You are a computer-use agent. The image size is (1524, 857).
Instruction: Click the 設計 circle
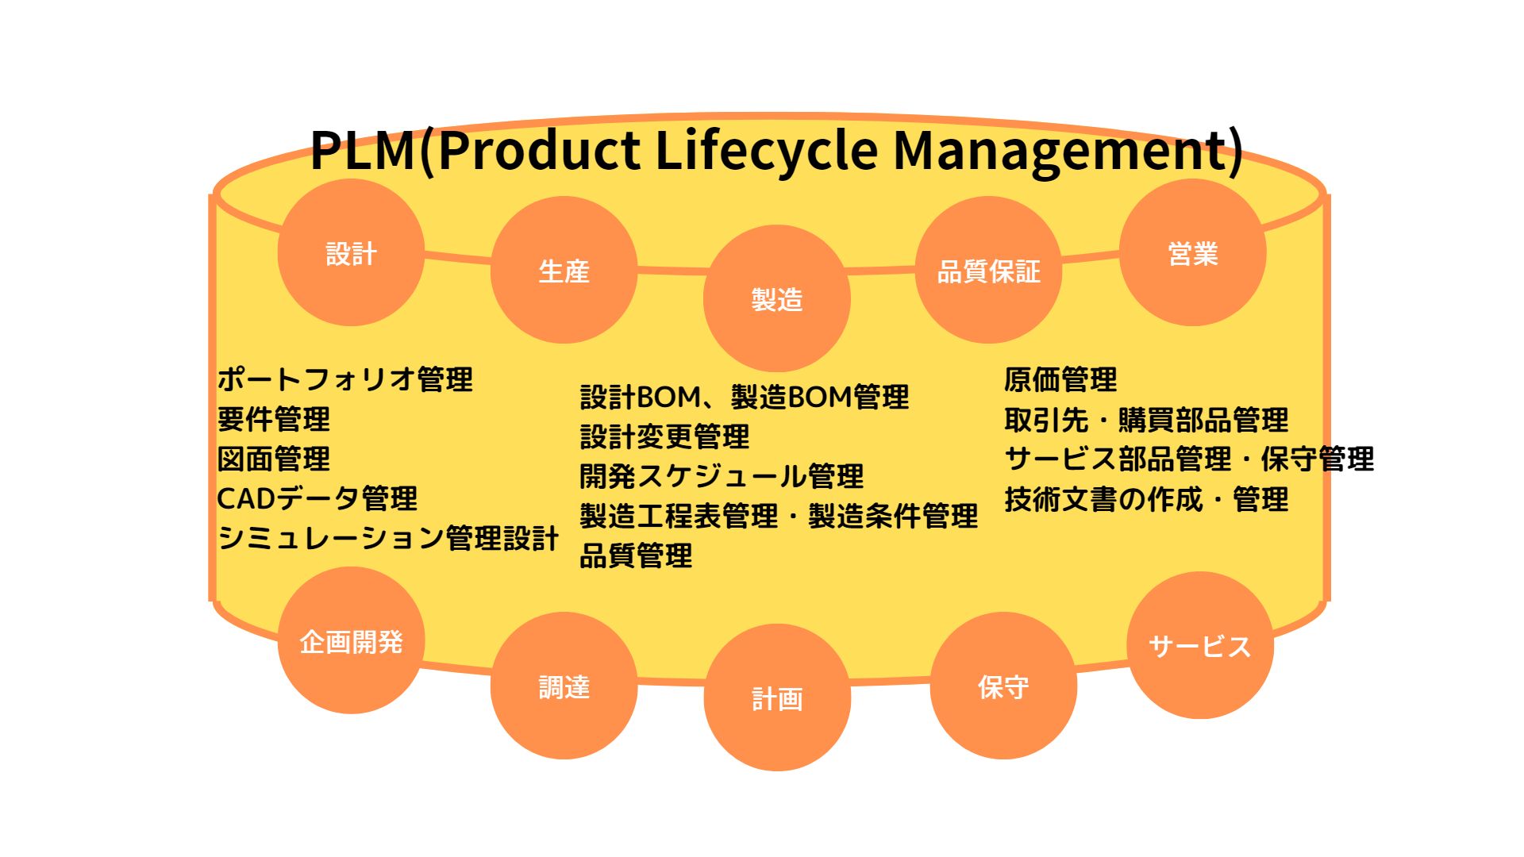(x=351, y=252)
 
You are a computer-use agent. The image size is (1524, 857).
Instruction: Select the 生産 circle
(x=564, y=270)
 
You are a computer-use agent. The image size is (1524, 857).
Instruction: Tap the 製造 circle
(x=776, y=298)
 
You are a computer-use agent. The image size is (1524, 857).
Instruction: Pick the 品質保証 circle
(x=988, y=270)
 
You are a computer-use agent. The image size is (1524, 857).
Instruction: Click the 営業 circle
(x=1192, y=252)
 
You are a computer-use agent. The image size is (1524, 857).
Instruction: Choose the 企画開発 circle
(x=351, y=640)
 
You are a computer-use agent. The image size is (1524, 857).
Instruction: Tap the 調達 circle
(x=564, y=686)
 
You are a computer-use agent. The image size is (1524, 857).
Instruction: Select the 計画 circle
(x=776, y=698)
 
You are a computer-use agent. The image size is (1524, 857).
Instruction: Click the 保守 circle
(x=1003, y=686)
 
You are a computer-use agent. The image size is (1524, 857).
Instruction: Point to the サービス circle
(x=1199, y=645)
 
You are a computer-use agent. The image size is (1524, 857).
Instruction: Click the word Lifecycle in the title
(x=766, y=150)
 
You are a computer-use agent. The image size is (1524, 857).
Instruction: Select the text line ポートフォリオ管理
(x=345, y=379)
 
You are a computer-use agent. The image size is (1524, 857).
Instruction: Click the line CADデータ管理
(x=317, y=498)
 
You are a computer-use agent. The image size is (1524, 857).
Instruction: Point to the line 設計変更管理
(x=664, y=436)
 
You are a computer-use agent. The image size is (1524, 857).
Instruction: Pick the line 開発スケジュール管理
(x=721, y=476)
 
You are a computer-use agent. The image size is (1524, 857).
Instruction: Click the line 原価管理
(x=1060, y=379)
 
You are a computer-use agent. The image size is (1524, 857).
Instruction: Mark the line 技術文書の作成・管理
(x=1146, y=499)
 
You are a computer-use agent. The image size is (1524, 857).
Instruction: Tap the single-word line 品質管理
(x=636, y=555)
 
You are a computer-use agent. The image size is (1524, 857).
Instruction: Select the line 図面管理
(x=274, y=459)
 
